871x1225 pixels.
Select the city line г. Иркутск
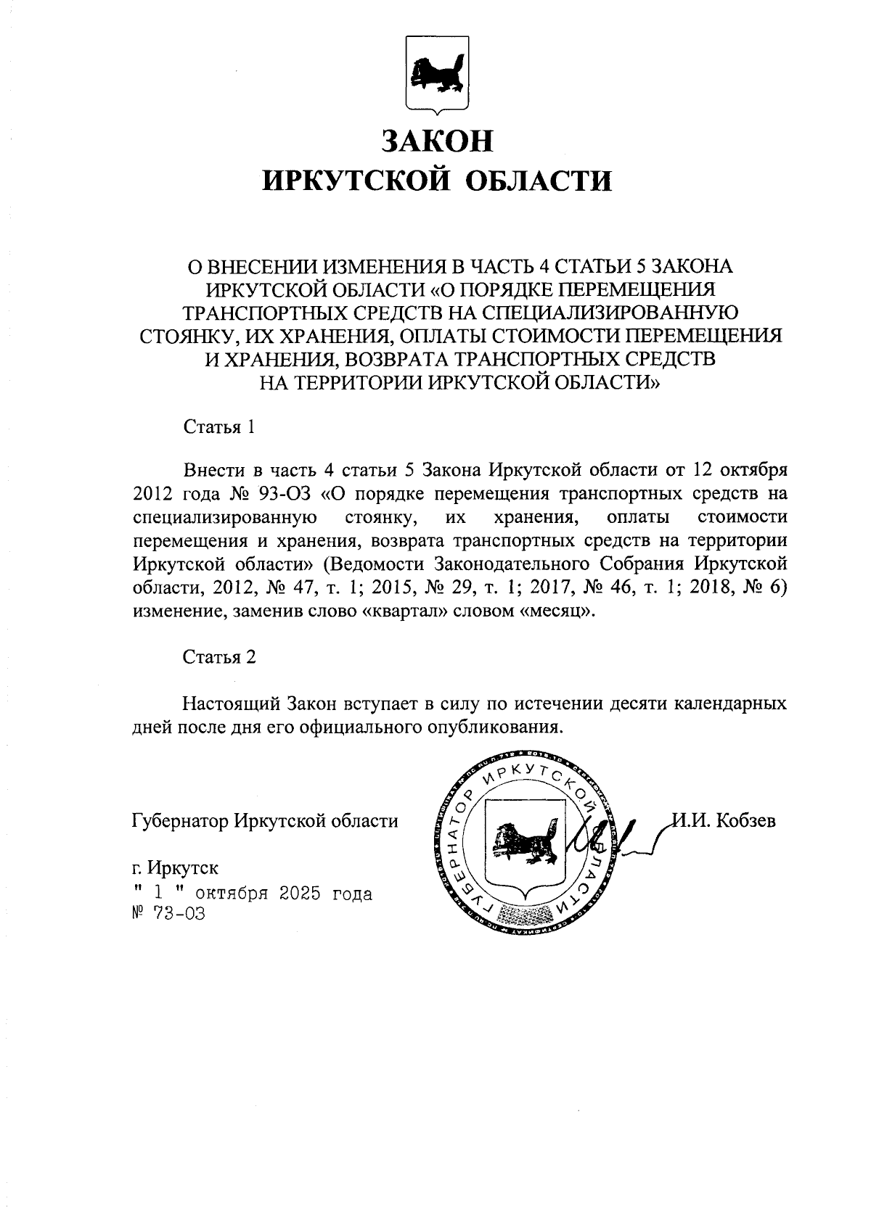175,867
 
